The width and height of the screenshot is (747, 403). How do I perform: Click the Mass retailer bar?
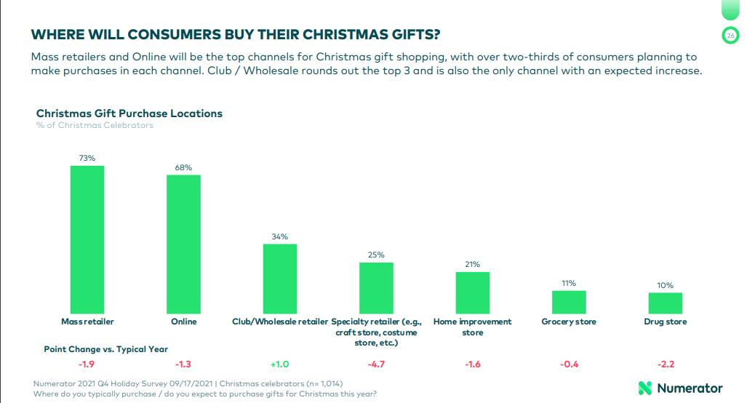(87, 239)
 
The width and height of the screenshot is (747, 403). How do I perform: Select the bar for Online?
(183, 244)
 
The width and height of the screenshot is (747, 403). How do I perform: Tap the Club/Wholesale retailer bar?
(280, 278)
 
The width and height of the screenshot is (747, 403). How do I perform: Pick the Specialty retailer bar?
(376, 287)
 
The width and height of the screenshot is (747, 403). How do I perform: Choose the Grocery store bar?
(569, 302)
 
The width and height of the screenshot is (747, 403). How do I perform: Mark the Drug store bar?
(666, 303)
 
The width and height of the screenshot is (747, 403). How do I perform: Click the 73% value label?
(87, 158)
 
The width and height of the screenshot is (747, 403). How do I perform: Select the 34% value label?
(280, 236)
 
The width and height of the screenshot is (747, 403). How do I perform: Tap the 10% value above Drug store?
(666, 286)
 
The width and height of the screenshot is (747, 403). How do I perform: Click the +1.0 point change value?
(280, 364)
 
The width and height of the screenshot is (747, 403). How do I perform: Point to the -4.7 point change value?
(376, 364)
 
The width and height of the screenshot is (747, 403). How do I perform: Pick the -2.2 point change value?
(666, 364)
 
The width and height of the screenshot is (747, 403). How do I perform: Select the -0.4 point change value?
(569, 364)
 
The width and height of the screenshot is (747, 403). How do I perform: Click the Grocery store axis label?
(569, 322)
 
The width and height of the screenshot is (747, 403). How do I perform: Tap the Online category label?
(183, 322)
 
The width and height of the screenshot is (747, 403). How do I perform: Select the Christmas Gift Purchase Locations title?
(129, 113)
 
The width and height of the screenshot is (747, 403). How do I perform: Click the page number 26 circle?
(730, 35)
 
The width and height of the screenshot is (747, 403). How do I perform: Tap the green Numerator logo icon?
(644, 388)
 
